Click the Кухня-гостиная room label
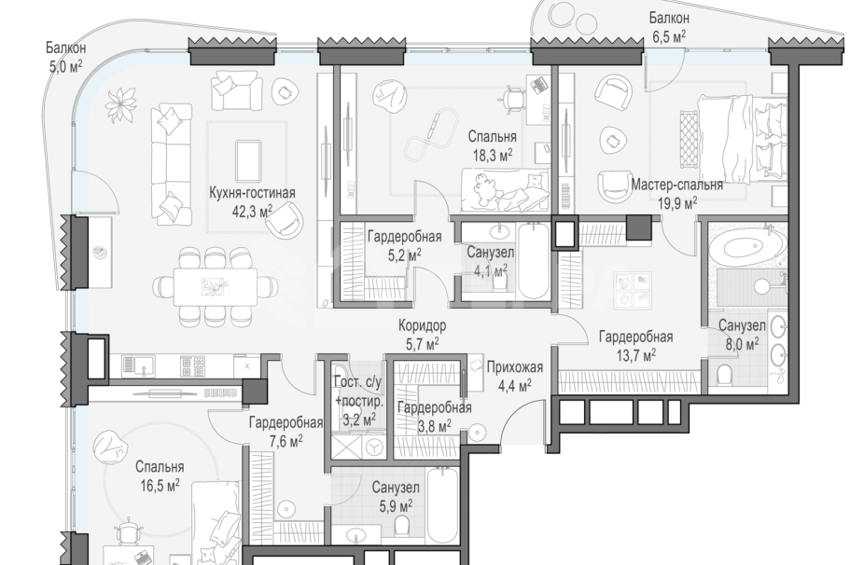[252, 193]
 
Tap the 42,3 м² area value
[252, 211]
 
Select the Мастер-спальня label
[676, 185]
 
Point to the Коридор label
[423, 325]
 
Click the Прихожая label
[515, 367]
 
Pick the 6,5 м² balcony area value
[669, 37]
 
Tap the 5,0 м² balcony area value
[65, 66]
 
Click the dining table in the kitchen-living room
[216, 286]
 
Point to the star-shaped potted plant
[121, 104]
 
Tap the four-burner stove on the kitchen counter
[192, 366]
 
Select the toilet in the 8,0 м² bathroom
[724, 375]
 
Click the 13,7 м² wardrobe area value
[636, 354]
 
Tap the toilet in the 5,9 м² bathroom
[403, 527]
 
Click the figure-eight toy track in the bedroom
[432, 134]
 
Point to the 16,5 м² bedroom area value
[160, 486]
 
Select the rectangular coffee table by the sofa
[248, 160]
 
